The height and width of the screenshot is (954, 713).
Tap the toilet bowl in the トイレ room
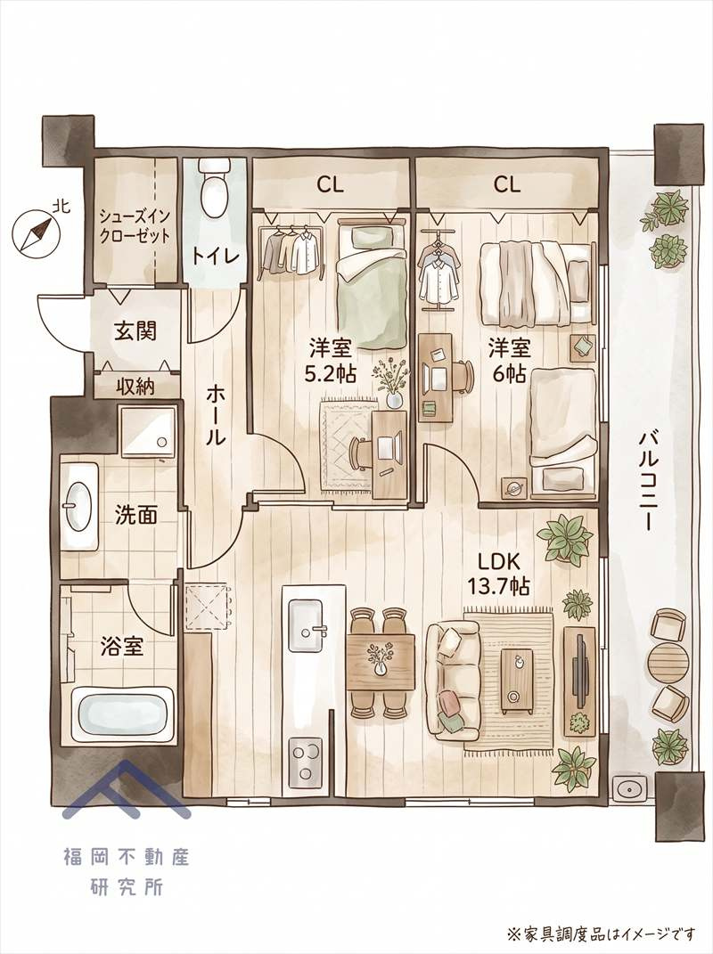click(213, 189)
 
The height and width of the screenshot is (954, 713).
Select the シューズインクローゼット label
click(135, 225)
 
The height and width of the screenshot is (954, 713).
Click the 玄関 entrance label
click(135, 331)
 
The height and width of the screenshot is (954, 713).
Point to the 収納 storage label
click(135, 387)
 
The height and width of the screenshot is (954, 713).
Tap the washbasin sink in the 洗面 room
click(78, 504)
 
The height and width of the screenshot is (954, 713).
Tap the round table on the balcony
click(668, 664)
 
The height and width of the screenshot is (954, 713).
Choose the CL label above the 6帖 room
click(506, 184)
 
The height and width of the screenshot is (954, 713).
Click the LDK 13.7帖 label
click(498, 573)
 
